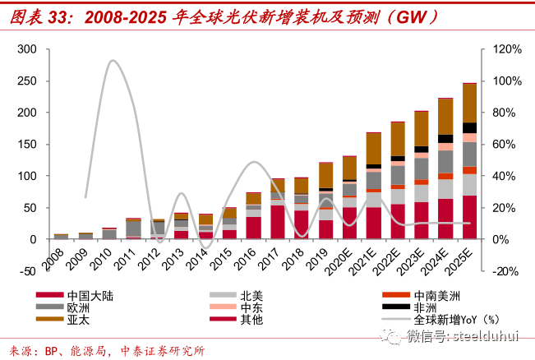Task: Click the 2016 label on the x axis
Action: (x=246, y=259)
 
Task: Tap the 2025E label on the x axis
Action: (x=460, y=261)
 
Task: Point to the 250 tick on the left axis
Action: (x=27, y=81)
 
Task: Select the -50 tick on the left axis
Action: (x=28, y=271)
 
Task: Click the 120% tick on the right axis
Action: (x=507, y=49)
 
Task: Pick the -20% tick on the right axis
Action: (x=505, y=271)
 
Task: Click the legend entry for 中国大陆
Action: (x=75, y=296)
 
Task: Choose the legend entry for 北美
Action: (x=236, y=296)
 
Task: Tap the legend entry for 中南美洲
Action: (x=421, y=296)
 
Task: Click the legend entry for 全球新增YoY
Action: (x=440, y=320)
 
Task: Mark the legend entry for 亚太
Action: (x=62, y=320)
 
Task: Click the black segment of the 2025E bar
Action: (x=469, y=128)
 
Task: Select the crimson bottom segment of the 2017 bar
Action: (x=278, y=222)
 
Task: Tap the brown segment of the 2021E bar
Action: (x=374, y=149)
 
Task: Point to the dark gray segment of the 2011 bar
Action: (x=134, y=228)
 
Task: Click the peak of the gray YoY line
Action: (x=113, y=61)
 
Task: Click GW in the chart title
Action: (x=413, y=16)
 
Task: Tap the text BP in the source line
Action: (x=51, y=351)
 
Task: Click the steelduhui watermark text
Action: (x=486, y=336)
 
